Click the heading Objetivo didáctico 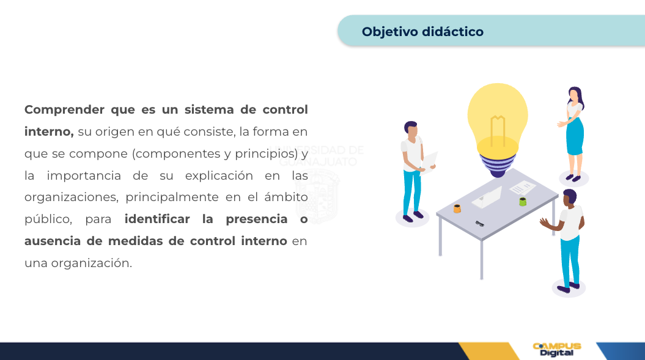(x=422, y=32)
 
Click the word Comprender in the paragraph (x=64, y=110)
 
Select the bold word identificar (x=157, y=219)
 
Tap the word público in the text (x=48, y=219)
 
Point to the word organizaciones (x=71, y=197)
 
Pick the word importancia (x=84, y=175)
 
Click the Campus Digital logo (x=556, y=350)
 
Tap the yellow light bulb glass (x=497, y=119)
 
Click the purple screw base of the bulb (x=497, y=166)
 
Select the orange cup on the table (x=457, y=208)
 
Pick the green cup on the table (x=522, y=202)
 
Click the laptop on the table (x=487, y=197)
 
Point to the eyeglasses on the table (x=480, y=224)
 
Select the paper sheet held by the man (x=429, y=163)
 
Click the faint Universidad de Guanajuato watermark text (x=317, y=155)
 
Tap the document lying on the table (x=522, y=188)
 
